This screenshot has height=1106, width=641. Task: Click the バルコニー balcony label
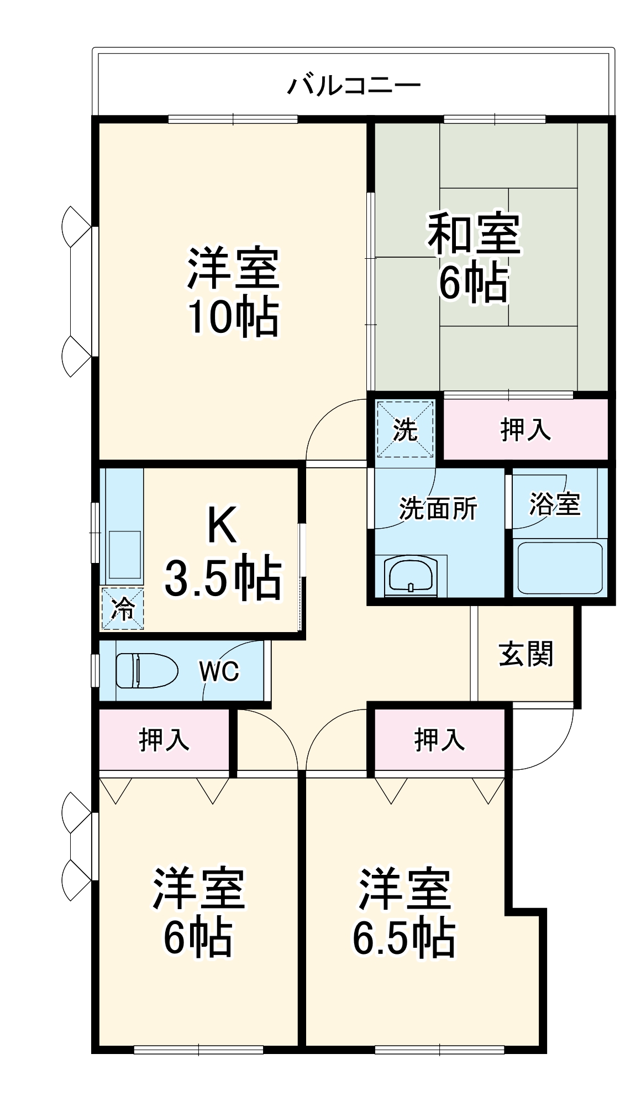354,86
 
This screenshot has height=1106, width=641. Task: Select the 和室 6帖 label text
473,257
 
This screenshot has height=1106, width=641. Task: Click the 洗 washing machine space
404,429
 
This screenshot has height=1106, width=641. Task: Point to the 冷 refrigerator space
123,608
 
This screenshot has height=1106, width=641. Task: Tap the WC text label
219,671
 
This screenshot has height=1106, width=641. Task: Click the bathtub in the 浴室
559,567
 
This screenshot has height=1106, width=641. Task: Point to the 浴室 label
554,504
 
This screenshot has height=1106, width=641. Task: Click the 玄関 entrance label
526,654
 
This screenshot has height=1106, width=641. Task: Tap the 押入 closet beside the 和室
526,429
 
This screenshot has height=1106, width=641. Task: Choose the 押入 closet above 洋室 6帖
164,739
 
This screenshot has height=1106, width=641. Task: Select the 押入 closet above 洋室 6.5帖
439,739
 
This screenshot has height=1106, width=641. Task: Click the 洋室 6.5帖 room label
404,912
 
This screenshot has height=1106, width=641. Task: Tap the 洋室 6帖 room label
198,912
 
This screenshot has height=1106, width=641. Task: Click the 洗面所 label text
438,508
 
